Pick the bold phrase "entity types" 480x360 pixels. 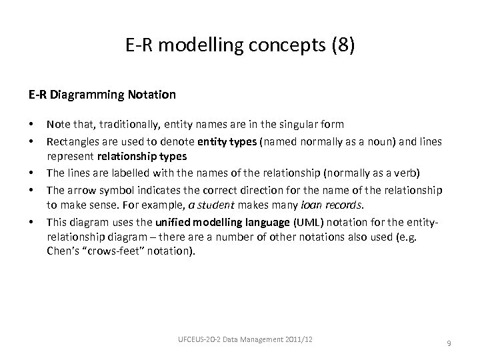[228, 139]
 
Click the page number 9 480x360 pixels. [449, 343]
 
